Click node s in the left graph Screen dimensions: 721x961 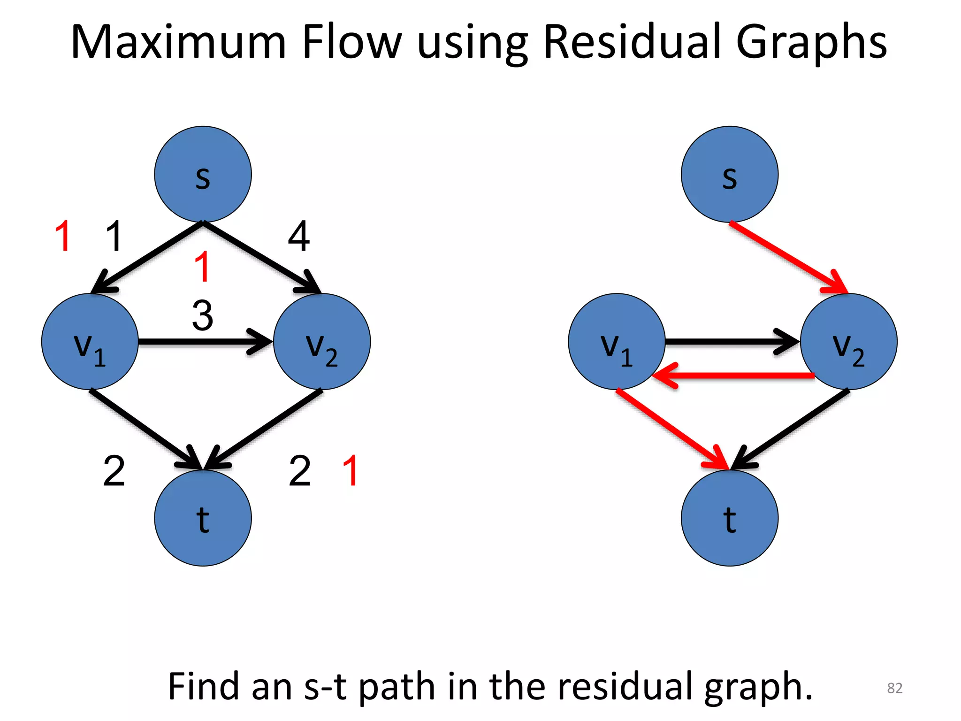click(x=203, y=174)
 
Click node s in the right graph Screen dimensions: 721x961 click(x=729, y=174)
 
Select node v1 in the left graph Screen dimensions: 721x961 click(x=90, y=342)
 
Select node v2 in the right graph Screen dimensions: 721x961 click(x=848, y=342)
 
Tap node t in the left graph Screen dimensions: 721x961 click(x=203, y=518)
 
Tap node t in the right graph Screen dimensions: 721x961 click(x=729, y=518)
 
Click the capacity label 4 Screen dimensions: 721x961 click(x=298, y=236)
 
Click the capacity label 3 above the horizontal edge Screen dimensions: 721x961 click(x=203, y=315)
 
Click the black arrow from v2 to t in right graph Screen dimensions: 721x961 click(x=793, y=427)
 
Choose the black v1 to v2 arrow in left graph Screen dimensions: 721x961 click(x=202, y=342)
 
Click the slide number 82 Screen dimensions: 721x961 click(x=894, y=688)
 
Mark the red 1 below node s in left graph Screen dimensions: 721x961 click(x=202, y=267)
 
